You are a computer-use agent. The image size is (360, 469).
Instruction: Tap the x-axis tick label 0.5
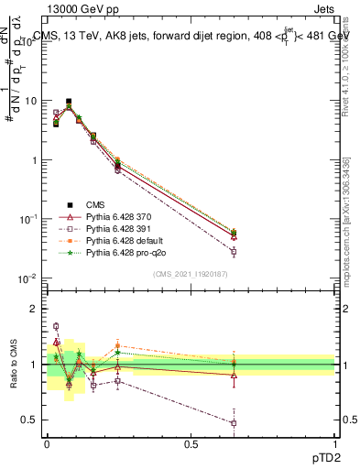191,444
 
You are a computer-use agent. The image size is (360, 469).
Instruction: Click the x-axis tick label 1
334,444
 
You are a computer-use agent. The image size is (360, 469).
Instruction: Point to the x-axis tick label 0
47,444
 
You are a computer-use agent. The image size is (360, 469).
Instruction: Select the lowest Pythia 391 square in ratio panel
234,423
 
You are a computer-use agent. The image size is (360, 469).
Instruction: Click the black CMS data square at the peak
69,102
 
